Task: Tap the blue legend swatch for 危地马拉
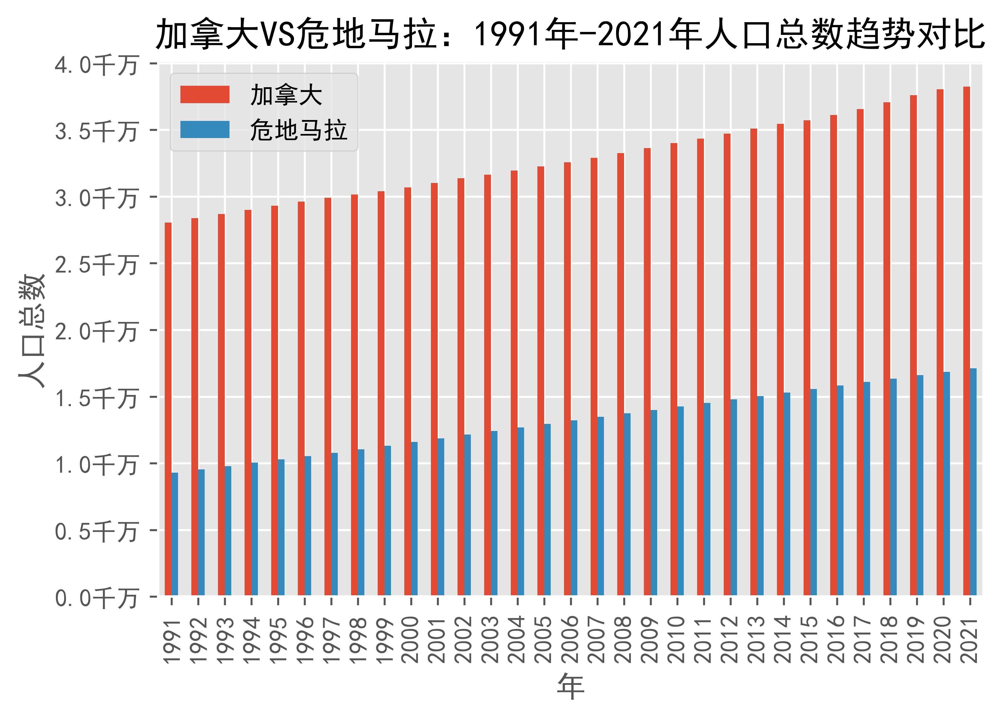pos(204,129)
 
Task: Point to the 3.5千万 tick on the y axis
pos(96,131)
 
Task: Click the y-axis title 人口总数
pos(32,331)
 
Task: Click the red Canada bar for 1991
pos(168,409)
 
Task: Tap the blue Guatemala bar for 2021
pos(973,482)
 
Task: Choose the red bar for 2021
pos(967,341)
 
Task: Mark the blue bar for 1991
pos(175,534)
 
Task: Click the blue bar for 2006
pos(574,508)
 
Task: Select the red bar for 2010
pos(674,369)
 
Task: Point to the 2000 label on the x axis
pos(411,640)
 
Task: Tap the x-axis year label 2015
pos(810,640)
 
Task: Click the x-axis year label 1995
pos(278,640)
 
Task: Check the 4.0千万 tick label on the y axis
pos(96,65)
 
